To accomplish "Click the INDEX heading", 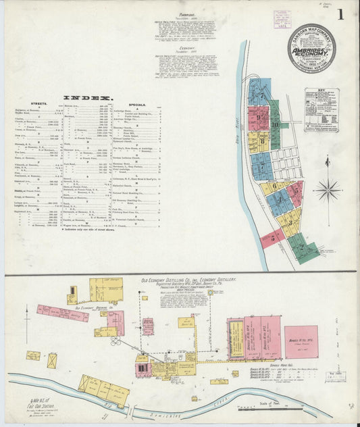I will point(86,97).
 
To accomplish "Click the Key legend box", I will point(321,108).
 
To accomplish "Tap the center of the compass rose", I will point(328,189).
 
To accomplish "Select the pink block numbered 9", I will point(259,120).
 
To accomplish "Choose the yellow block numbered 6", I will point(274,187).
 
